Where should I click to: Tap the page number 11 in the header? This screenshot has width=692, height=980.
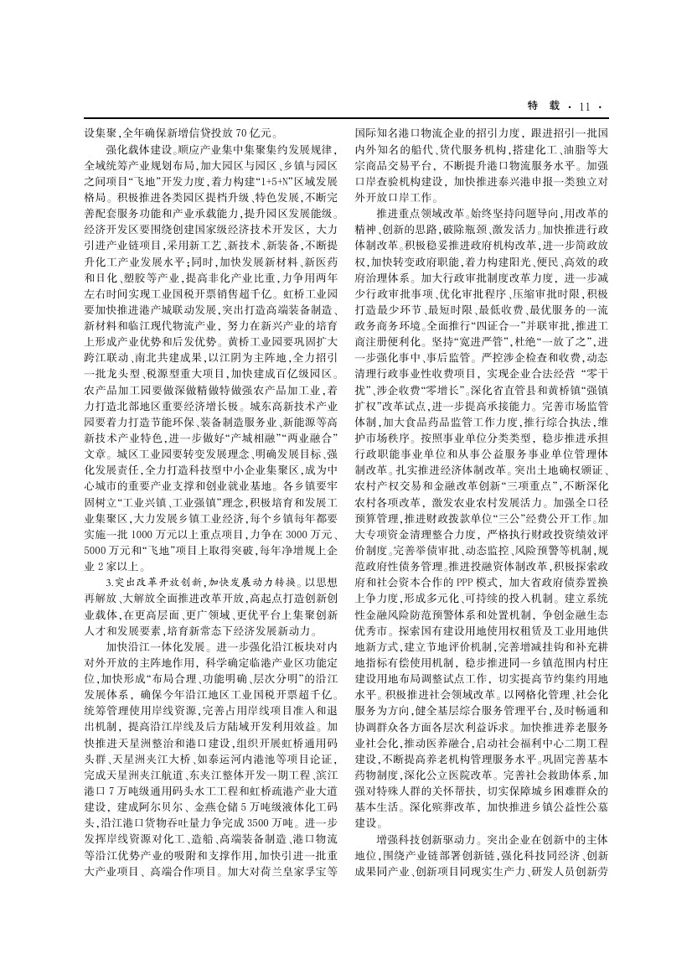tap(584, 106)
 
